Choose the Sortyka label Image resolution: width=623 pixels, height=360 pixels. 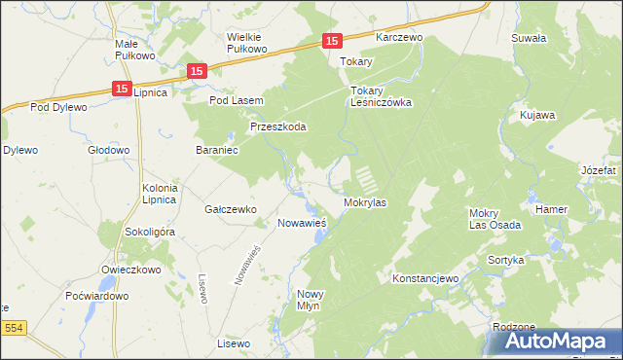coord(507,261)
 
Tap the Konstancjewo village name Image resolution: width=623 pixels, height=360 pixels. coord(424,278)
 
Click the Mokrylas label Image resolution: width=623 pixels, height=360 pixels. coord(366,203)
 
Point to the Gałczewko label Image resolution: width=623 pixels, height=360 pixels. coord(230,209)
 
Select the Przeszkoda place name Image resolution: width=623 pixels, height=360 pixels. coord(278,126)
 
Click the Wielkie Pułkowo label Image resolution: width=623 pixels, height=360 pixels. coord(246,43)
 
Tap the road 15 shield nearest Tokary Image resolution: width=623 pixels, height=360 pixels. coord(332,41)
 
